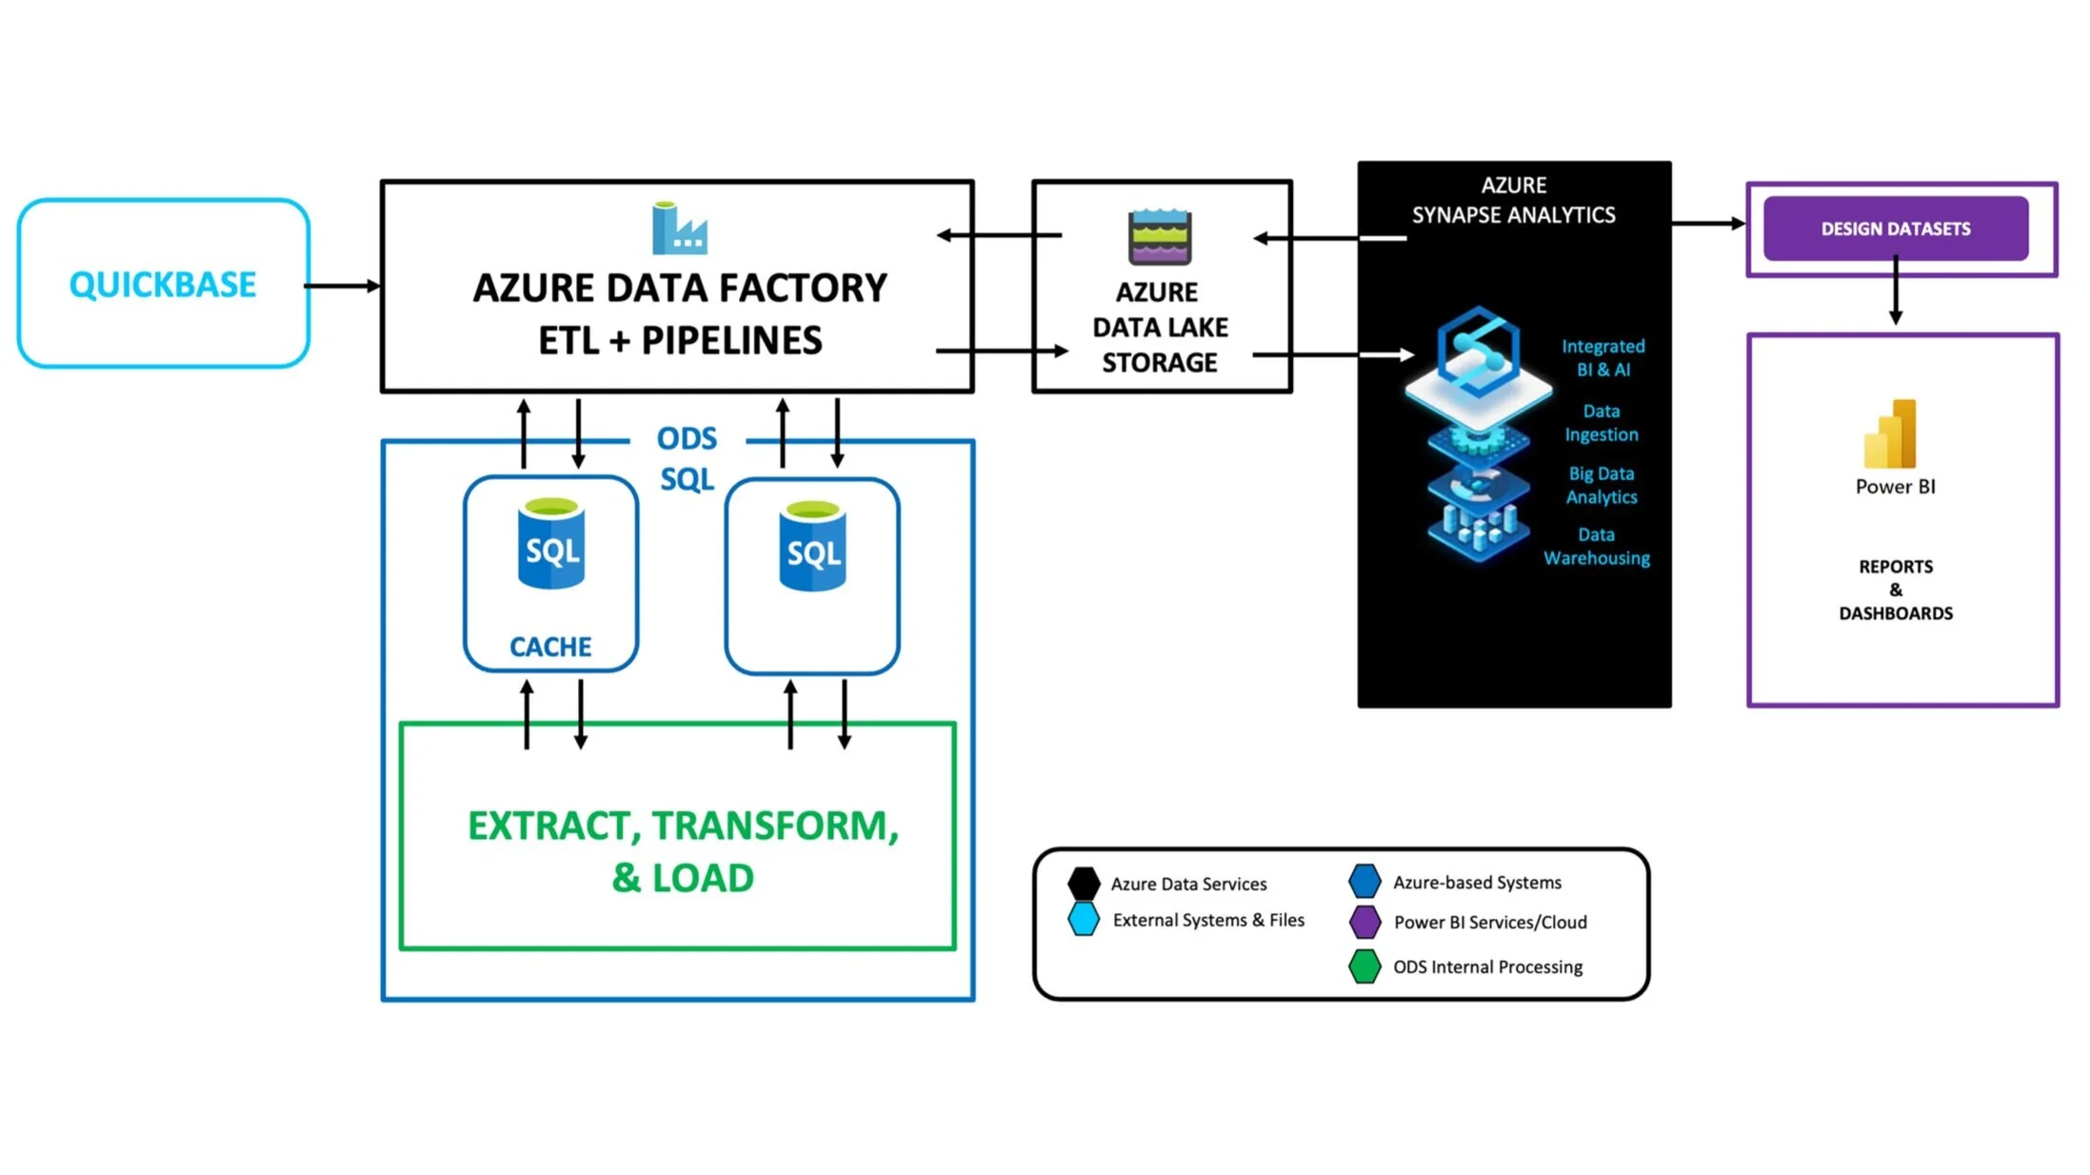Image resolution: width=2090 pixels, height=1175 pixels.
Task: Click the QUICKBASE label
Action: click(x=163, y=284)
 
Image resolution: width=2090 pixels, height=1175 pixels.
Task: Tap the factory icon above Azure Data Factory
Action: click(x=679, y=228)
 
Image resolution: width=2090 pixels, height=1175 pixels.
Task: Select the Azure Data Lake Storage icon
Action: click(x=1160, y=236)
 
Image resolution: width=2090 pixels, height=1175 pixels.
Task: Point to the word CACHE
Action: click(x=550, y=647)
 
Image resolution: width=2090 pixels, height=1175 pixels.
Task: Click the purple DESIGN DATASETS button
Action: click(x=1896, y=229)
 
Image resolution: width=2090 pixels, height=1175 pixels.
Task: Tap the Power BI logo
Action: click(x=1890, y=433)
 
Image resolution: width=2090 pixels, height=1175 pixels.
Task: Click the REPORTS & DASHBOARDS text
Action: click(x=1896, y=589)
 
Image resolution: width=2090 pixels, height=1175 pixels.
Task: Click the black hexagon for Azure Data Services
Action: click(x=1084, y=884)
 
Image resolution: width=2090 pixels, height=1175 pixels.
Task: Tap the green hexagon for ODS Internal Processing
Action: click(x=1364, y=966)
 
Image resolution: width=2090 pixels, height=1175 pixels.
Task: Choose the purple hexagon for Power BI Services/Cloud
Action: click(x=1364, y=922)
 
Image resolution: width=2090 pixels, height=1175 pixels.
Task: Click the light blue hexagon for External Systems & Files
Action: click(x=1084, y=919)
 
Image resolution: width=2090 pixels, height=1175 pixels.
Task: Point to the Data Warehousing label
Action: click(x=1597, y=547)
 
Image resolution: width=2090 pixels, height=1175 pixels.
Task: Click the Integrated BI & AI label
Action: click(x=1603, y=358)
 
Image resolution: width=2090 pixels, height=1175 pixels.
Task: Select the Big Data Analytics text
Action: click(x=1602, y=485)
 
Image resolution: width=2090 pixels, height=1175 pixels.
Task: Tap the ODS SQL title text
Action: click(x=687, y=458)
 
